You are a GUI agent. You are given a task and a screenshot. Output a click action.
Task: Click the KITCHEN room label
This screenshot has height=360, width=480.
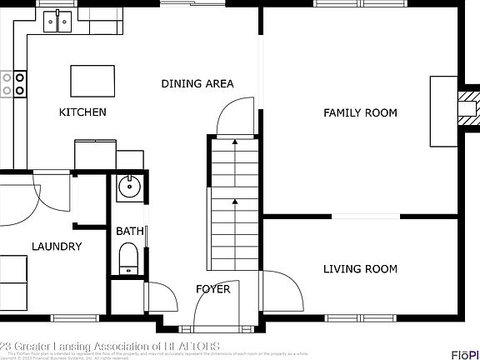(82, 112)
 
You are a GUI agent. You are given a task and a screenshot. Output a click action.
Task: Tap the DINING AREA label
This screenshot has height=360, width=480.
(197, 83)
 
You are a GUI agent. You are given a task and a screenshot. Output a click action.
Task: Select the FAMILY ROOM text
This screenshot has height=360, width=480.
(360, 112)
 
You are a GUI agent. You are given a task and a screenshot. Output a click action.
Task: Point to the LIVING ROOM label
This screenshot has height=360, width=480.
(360, 268)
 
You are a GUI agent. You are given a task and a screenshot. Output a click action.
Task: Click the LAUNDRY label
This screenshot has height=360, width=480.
(57, 246)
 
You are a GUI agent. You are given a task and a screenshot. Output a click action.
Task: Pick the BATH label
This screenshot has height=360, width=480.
(129, 231)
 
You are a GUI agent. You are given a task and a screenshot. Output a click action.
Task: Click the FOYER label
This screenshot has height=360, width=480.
(212, 289)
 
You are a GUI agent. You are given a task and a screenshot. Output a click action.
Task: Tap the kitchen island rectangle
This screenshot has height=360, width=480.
(93, 81)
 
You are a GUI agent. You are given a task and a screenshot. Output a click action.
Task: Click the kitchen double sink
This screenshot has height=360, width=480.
(57, 21)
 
